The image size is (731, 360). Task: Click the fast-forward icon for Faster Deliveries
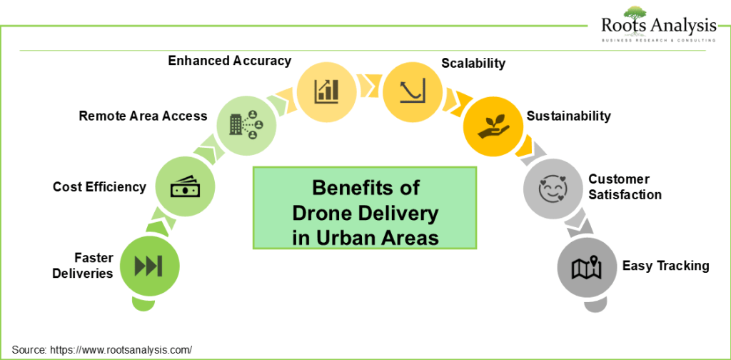(x=148, y=266)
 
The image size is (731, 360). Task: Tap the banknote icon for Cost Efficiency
(x=185, y=186)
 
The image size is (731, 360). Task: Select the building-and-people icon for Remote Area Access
(x=246, y=124)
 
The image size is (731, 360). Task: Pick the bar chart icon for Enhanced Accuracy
(x=326, y=91)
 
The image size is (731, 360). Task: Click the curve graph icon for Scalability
(x=412, y=90)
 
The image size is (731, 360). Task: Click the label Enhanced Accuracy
(x=230, y=61)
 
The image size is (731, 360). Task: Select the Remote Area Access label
(x=143, y=116)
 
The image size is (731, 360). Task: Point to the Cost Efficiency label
(x=99, y=187)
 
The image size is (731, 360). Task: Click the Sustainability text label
(x=568, y=116)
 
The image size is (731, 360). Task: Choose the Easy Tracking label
(x=666, y=266)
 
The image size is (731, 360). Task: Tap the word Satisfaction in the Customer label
(x=625, y=194)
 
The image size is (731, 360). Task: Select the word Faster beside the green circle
(x=93, y=257)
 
